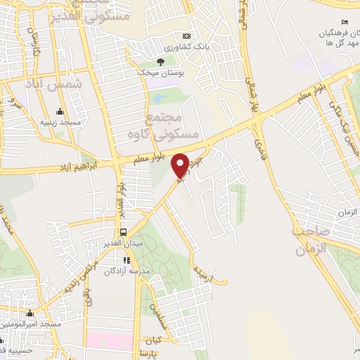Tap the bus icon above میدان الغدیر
click(x=124, y=233)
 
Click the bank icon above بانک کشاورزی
click(x=186, y=37)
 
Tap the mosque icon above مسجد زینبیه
click(x=59, y=112)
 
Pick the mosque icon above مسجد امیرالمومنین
click(x=30, y=314)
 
